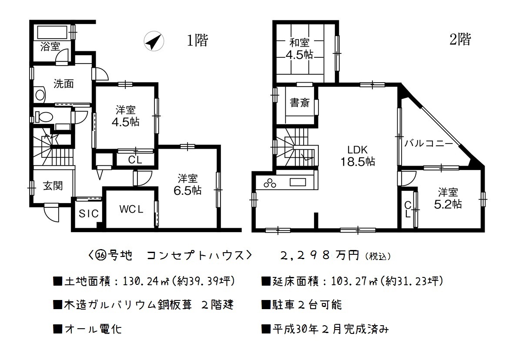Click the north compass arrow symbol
[154, 41]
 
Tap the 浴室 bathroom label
[50, 47]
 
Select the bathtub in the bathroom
[52, 32]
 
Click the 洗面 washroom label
[64, 83]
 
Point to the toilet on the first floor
[44, 117]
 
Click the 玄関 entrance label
[53, 186]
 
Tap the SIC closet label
[89, 213]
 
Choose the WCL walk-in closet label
[131, 209]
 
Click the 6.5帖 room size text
[187, 190]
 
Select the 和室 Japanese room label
[299, 43]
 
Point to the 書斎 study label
[300, 103]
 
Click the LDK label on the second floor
[358, 150]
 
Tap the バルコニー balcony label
[428, 143]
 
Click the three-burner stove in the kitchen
[270, 183]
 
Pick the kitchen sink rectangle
[298, 182]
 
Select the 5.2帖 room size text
[448, 204]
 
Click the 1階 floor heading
[197, 40]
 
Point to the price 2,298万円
[319, 256]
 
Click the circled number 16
[101, 256]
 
